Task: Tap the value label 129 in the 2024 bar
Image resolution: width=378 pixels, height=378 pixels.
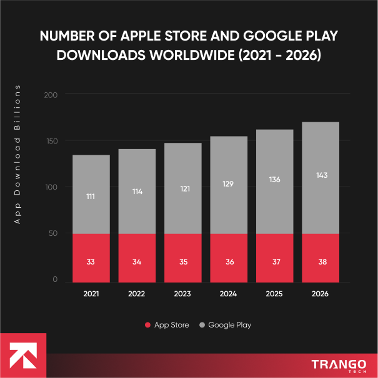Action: (x=229, y=184)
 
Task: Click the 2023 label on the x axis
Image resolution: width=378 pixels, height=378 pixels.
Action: (x=183, y=293)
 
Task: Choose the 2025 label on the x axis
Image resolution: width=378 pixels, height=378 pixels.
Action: (x=275, y=293)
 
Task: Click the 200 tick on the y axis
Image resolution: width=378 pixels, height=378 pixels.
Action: (x=51, y=95)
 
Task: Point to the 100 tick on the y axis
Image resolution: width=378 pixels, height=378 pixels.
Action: (x=51, y=187)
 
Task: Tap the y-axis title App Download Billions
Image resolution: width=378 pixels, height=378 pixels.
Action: (x=18, y=153)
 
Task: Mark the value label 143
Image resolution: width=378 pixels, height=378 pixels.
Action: (x=321, y=175)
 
